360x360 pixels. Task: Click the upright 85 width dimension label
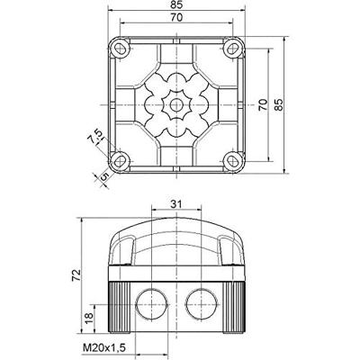point(176,4)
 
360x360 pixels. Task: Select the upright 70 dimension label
point(176,18)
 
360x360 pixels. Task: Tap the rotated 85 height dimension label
point(279,105)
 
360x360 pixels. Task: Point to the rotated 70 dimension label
point(263,105)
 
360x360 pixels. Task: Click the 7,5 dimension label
point(94,137)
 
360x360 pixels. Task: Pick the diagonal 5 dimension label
point(103,176)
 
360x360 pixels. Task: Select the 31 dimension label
point(176,204)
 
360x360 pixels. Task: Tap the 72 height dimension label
point(76,275)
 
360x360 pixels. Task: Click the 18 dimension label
point(89,319)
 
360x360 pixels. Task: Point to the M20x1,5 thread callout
point(104,348)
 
